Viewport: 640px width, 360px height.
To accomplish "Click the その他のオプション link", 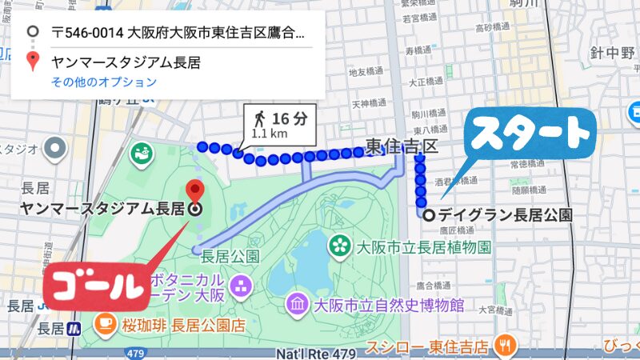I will pos(103,82).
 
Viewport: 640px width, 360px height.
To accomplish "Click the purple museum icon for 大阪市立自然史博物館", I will pos(297,304).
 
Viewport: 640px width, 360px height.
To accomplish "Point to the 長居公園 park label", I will pos(231,257).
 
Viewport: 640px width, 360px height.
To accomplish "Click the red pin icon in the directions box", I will pos(33,61).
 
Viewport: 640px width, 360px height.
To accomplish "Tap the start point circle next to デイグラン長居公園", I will pos(430,214).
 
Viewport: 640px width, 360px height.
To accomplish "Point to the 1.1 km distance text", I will pos(269,134).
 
